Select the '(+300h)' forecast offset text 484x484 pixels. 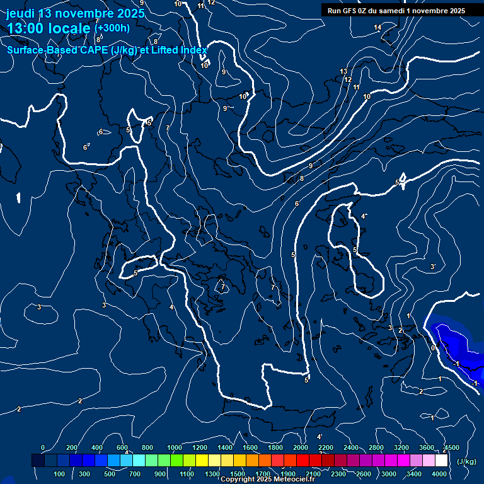(112, 28)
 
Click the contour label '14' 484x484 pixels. (377, 27)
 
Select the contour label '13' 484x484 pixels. (343, 71)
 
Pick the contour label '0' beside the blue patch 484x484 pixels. (433, 347)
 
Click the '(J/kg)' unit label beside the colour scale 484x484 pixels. (466, 462)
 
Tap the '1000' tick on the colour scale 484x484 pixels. (174, 447)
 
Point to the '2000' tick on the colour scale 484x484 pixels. (300, 447)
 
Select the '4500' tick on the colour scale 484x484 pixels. (451, 447)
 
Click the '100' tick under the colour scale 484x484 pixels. (60, 474)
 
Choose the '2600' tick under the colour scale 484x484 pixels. (363, 474)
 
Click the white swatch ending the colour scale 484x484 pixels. (441, 461)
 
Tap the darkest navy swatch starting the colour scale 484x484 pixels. (38, 461)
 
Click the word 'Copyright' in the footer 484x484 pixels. (238, 480)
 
